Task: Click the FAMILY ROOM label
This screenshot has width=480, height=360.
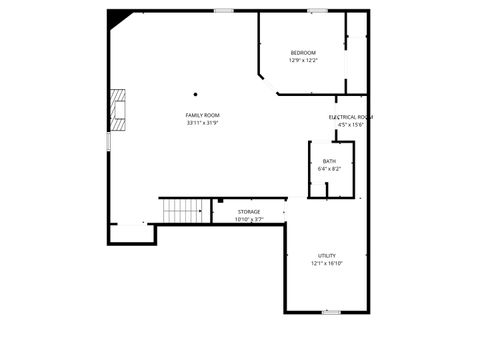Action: tap(202, 116)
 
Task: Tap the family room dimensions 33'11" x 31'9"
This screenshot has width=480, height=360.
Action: tap(202, 124)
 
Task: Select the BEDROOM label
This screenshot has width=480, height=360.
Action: tap(303, 53)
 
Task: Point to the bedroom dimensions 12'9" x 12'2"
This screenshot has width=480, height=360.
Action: tap(303, 61)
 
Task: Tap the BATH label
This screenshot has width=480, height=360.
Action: tap(329, 161)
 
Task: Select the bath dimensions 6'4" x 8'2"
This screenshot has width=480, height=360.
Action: tap(329, 169)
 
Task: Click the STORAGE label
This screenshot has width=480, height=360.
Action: tap(249, 212)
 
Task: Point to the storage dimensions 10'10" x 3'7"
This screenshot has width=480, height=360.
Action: tap(249, 219)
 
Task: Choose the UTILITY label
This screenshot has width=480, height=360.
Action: tap(327, 256)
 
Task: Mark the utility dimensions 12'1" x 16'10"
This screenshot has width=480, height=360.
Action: tap(327, 264)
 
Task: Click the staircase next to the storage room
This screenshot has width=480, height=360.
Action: tap(184, 210)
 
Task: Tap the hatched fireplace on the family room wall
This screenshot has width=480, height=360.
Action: tap(119, 109)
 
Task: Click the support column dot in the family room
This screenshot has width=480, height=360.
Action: tap(196, 95)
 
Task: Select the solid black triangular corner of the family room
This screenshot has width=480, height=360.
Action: tap(117, 18)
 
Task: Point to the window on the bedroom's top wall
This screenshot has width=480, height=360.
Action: tap(318, 11)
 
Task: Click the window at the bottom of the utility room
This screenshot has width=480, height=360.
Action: tap(331, 312)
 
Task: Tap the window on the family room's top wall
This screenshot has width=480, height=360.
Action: tap(224, 11)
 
